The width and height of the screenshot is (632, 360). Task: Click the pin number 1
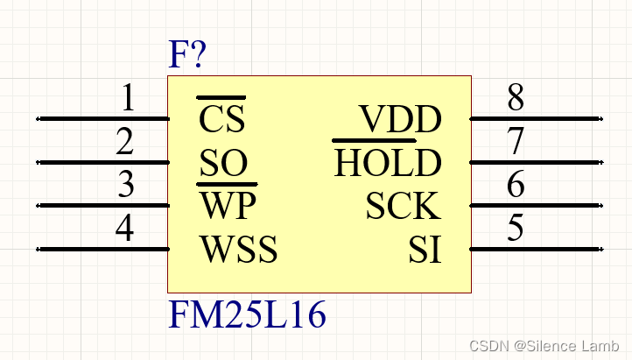click(128, 98)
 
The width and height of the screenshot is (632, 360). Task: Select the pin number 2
click(125, 142)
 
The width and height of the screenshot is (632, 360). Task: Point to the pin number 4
click(125, 229)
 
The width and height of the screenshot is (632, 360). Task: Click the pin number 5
click(516, 229)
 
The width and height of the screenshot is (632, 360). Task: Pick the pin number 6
click(516, 185)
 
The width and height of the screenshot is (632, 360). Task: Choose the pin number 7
click(516, 142)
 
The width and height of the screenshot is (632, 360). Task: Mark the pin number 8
click(516, 98)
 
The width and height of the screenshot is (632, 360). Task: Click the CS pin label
click(222, 119)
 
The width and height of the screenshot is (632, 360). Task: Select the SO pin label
click(222, 163)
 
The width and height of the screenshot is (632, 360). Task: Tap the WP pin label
click(227, 207)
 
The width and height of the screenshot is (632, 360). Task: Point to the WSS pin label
click(239, 251)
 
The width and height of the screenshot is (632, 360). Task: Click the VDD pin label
click(401, 119)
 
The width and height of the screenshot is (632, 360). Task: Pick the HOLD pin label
click(388, 163)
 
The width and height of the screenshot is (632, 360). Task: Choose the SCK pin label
click(403, 207)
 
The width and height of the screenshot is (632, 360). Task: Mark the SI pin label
click(425, 251)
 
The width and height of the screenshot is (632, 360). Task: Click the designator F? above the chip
click(187, 57)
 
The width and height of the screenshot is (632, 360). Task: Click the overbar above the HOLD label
click(374, 140)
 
